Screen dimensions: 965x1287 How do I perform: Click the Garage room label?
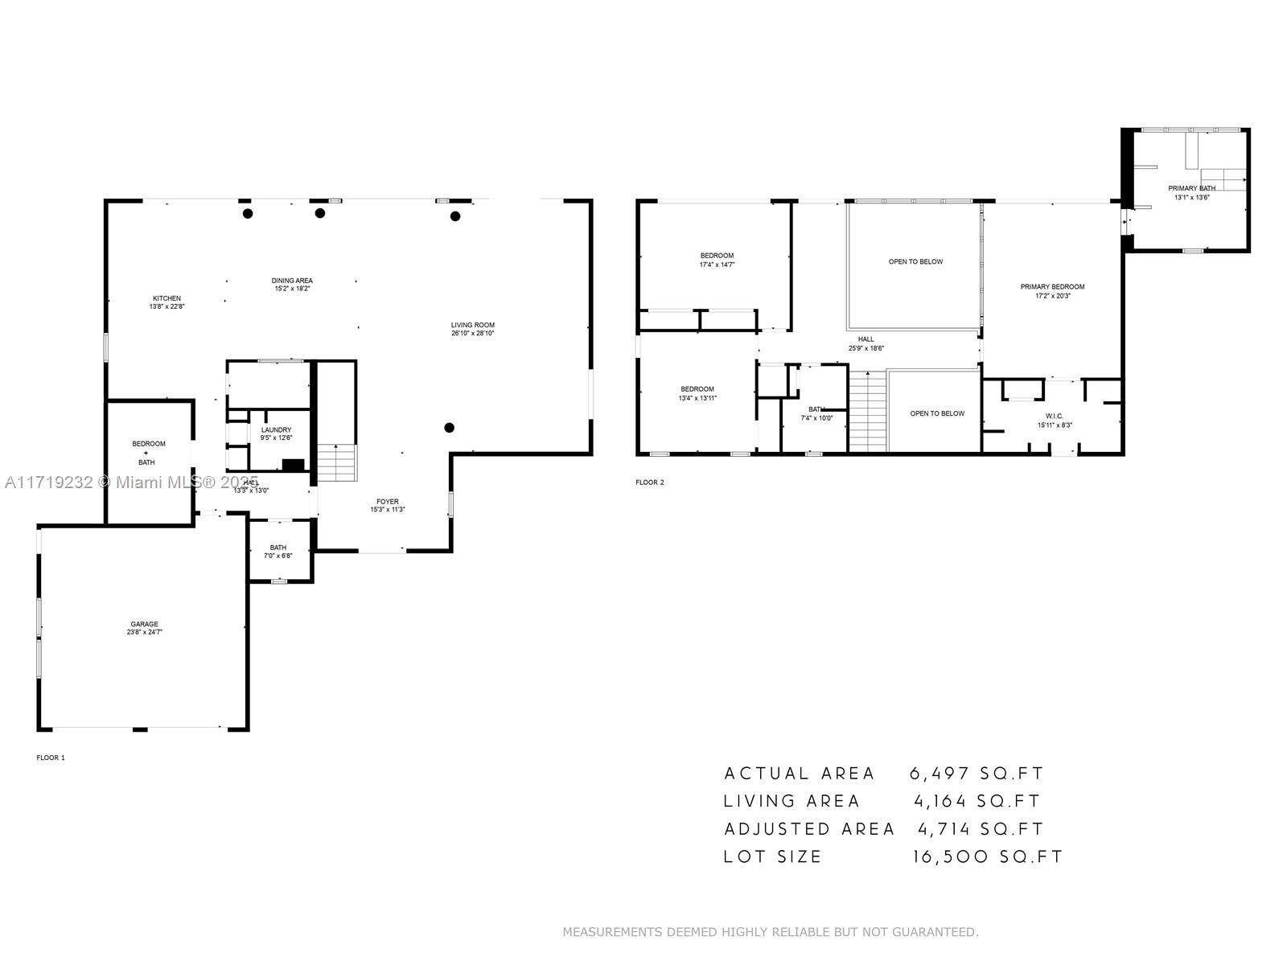click(x=145, y=624)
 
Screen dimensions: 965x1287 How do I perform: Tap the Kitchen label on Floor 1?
click(x=167, y=298)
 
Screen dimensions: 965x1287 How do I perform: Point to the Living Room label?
click(x=472, y=325)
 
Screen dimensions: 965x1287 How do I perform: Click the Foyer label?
click(x=387, y=501)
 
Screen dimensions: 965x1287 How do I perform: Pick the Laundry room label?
click(x=276, y=430)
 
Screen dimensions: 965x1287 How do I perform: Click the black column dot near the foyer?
click(x=450, y=428)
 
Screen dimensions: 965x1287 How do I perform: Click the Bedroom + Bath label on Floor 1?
click(x=149, y=453)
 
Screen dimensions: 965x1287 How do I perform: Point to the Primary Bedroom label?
click(x=1052, y=287)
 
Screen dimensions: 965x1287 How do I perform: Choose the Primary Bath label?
click(x=1191, y=188)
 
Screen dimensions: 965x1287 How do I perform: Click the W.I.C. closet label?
click(x=1054, y=416)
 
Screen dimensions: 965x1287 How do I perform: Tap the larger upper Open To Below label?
click(x=915, y=261)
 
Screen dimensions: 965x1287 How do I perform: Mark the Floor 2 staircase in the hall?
click(x=868, y=412)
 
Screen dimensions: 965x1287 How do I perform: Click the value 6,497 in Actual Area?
click(x=939, y=774)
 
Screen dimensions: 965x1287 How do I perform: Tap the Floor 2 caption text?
click(x=650, y=482)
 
